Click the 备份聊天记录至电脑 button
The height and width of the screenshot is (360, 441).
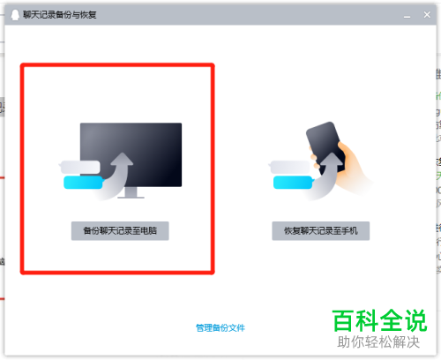point(120,231)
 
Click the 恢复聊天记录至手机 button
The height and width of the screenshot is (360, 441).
point(321,231)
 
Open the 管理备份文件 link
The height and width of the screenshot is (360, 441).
point(220,327)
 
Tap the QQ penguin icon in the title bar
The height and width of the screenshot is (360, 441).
point(15,15)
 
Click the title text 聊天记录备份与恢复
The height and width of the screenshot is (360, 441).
point(60,15)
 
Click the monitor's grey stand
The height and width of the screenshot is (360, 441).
point(131,192)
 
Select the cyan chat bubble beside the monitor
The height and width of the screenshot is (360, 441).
point(83,183)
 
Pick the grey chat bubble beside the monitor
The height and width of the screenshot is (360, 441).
point(79,167)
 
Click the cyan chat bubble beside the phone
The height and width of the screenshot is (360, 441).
point(293,183)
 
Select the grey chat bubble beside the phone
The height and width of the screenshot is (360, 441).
point(290,167)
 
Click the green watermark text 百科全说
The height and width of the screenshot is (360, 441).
point(379,320)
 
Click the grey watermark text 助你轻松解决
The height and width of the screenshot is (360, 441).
point(378,342)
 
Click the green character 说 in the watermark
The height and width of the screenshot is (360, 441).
point(415,320)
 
